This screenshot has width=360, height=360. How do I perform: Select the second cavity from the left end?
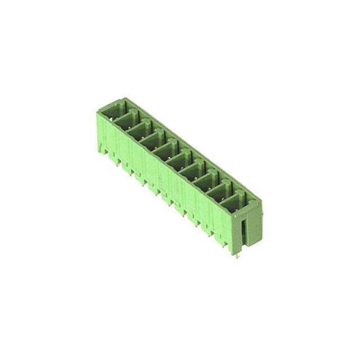pos(125,120)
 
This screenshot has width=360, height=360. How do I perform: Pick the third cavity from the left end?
pos(138,130)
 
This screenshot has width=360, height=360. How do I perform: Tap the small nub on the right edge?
pos(262,214)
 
